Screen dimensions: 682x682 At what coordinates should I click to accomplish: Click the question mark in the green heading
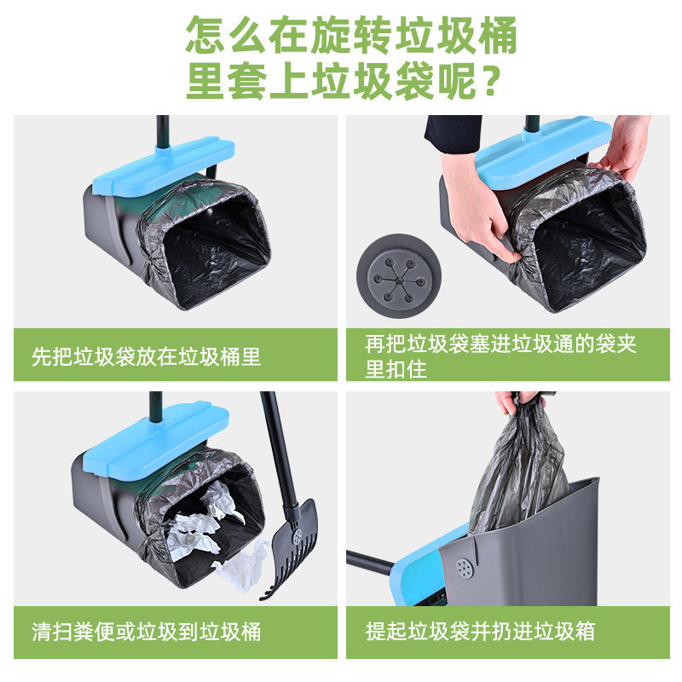(491, 81)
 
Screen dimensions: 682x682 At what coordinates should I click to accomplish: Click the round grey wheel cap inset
(399, 275)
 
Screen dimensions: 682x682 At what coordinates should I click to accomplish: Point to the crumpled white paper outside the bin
(241, 566)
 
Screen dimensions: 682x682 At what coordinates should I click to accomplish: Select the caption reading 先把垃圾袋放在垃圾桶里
(146, 356)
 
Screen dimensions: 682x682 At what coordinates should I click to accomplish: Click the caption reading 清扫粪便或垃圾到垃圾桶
(146, 632)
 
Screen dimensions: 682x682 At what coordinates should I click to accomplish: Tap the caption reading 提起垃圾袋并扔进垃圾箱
(480, 631)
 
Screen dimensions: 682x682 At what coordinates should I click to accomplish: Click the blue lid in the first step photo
(164, 166)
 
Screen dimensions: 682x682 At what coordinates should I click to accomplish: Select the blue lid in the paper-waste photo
(156, 440)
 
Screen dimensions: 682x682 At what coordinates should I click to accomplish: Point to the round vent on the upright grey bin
(465, 568)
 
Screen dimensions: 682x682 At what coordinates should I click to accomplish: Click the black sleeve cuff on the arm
(454, 134)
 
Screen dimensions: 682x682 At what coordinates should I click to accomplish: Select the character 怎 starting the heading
(205, 35)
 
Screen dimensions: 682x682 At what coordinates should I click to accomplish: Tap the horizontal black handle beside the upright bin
(370, 563)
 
